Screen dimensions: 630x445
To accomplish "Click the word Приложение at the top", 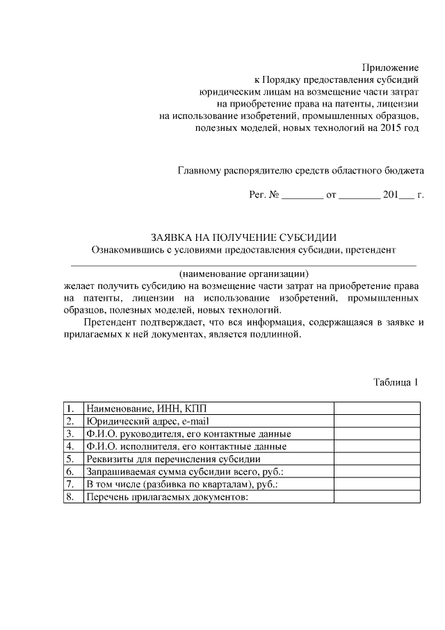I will (x=390, y=68).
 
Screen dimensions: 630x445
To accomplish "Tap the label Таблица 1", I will (x=396, y=381).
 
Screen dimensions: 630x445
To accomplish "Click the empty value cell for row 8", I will (x=376, y=496).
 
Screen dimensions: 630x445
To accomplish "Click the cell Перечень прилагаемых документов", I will (x=166, y=496).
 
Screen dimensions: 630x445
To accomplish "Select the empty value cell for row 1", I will (x=376, y=409).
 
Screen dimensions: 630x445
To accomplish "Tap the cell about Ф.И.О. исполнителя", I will (x=186, y=446).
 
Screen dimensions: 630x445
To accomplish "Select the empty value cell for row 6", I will (x=376, y=471).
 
